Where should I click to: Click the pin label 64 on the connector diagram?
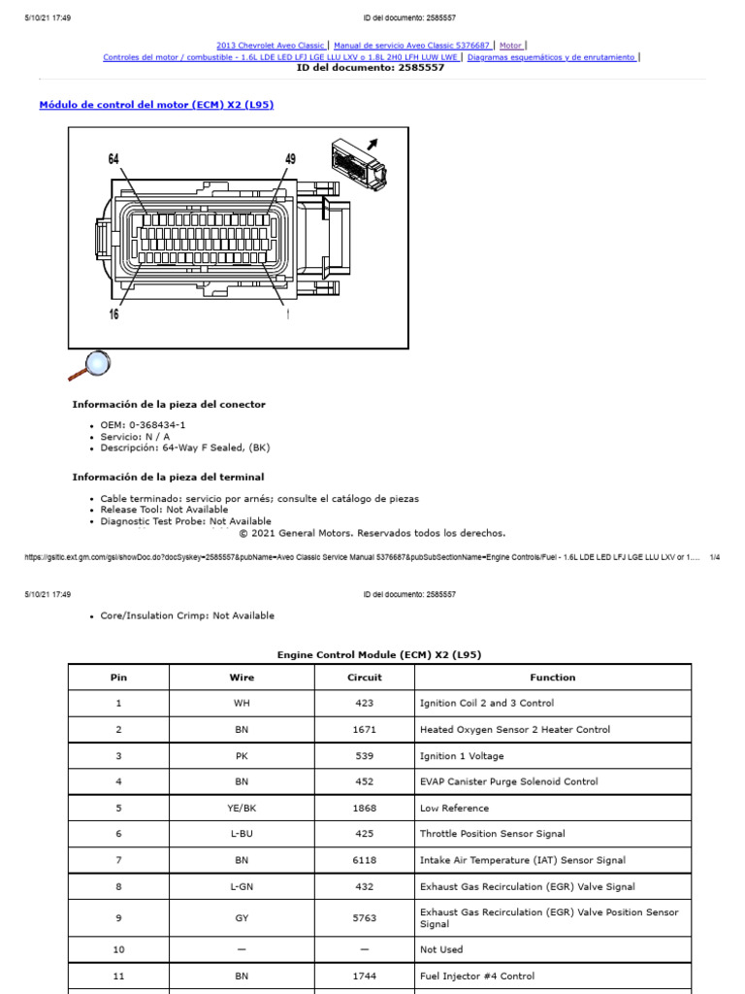click(113, 158)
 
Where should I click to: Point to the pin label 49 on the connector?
click(290, 158)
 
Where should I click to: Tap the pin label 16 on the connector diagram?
click(113, 314)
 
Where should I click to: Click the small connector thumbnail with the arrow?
click(358, 160)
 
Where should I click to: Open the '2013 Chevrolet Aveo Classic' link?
click(270, 45)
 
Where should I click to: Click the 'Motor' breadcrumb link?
click(510, 45)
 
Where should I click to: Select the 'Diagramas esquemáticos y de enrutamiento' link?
click(551, 57)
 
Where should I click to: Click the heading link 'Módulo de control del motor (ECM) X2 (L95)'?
click(156, 105)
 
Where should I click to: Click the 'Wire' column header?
click(242, 678)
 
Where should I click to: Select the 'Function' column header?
click(553, 678)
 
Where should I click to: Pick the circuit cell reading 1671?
click(365, 729)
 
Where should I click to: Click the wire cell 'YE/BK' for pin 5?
click(242, 808)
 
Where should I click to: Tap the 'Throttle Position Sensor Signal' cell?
click(492, 834)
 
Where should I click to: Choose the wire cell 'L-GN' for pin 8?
click(242, 886)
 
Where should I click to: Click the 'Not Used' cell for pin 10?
click(441, 949)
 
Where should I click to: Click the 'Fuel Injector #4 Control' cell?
click(476, 977)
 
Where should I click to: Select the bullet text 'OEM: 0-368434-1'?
click(144, 425)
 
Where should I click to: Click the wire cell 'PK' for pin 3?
click(242, 755)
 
